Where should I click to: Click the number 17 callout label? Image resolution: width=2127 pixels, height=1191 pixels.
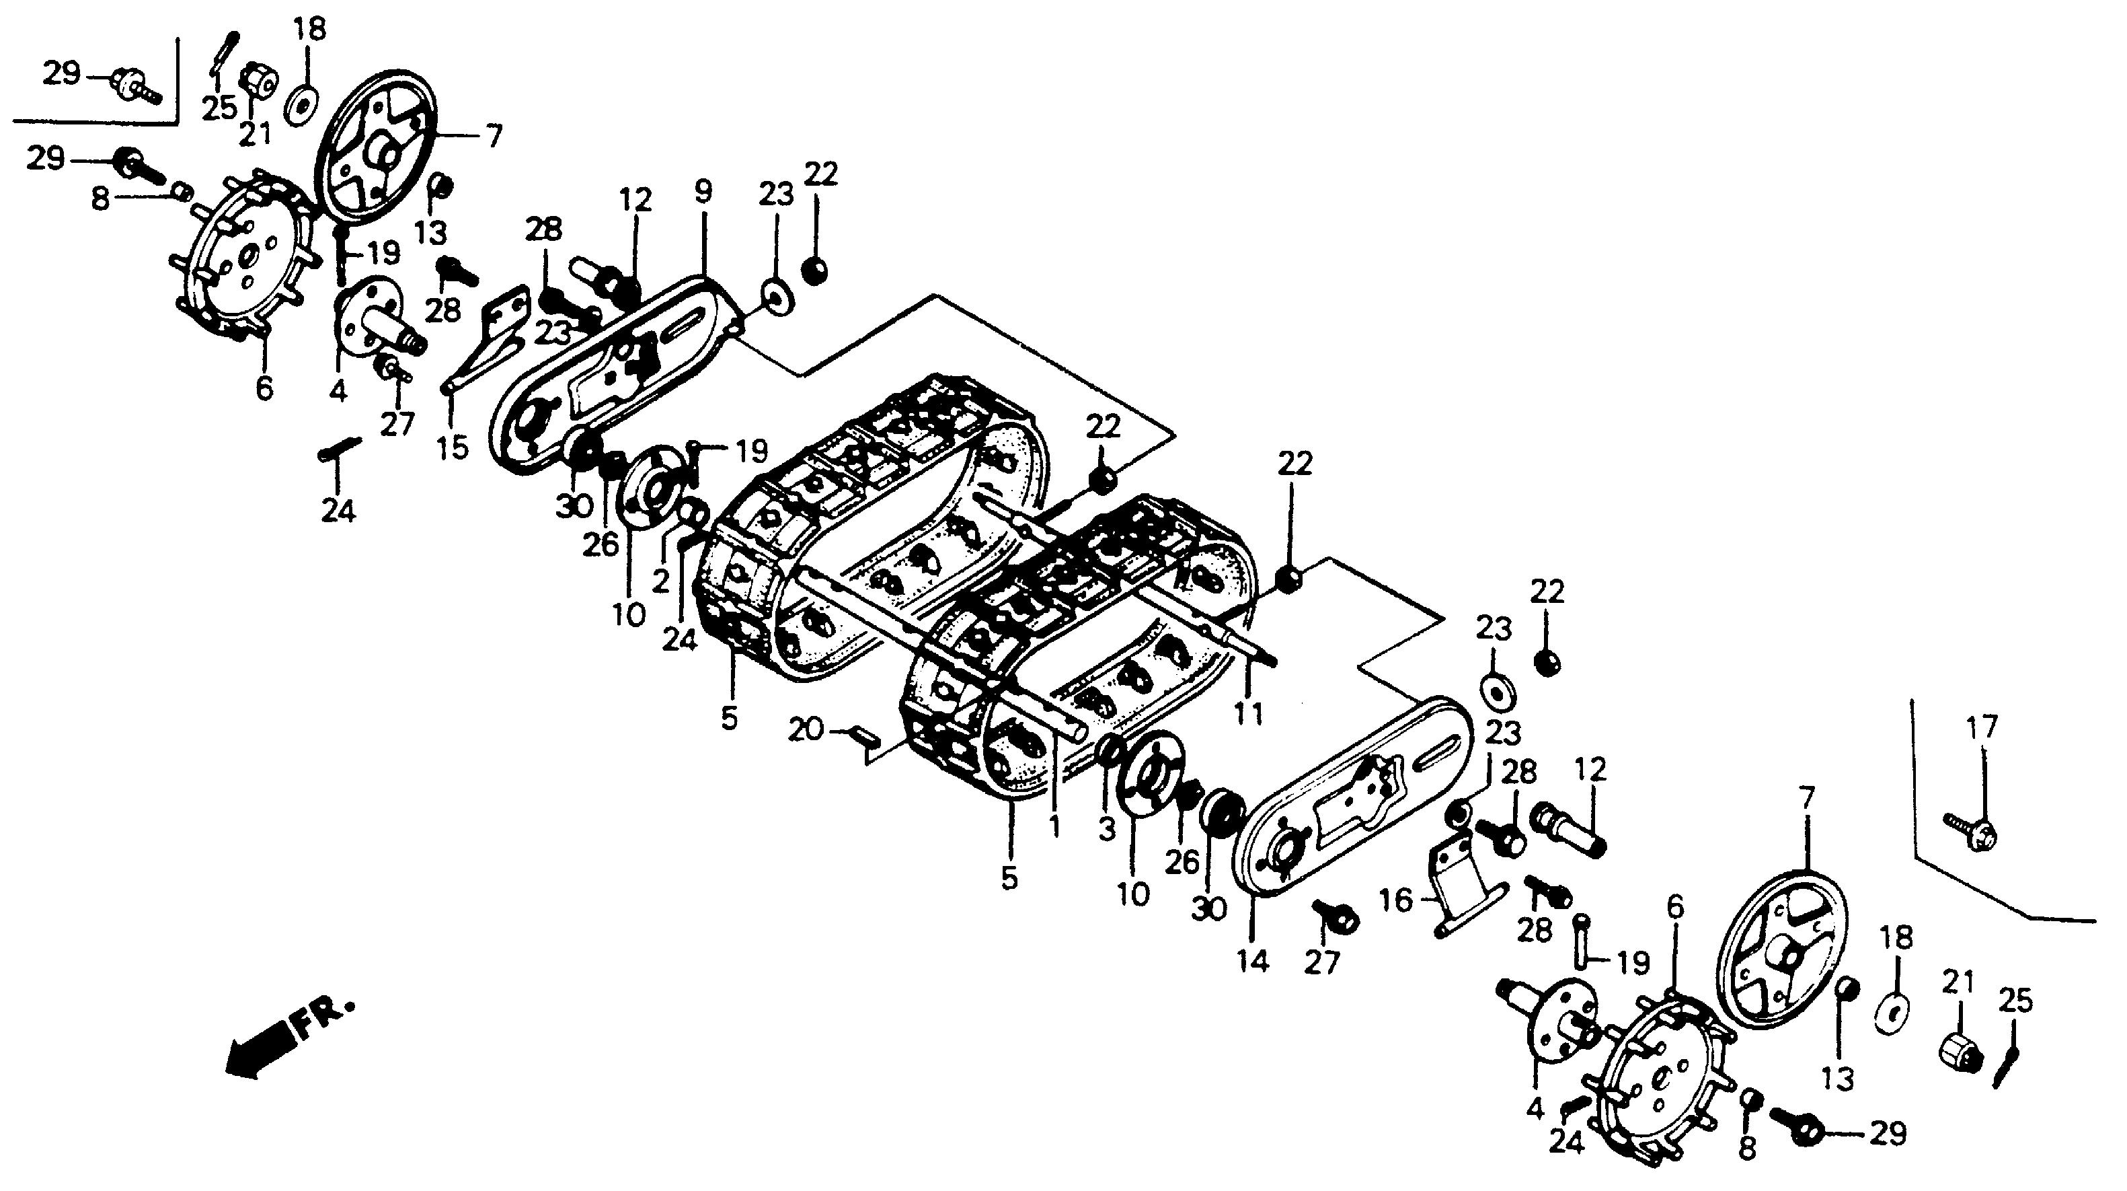coord(1982,727)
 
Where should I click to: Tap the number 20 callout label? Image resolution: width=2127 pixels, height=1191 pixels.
coord(806,730)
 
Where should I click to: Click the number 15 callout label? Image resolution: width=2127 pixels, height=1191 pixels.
coord(453,447)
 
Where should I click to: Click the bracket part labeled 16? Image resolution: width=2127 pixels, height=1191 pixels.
coord(1457,883)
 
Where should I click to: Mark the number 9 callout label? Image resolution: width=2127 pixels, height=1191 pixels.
coord(703,192)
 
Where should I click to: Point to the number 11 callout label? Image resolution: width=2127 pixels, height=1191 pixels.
coord(1247,713)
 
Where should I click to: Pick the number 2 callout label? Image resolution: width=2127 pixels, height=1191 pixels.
coord(660,581)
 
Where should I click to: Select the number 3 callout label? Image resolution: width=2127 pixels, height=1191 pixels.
coord(1108,828)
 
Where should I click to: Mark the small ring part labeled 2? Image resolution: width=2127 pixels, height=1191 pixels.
coord(693,513)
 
